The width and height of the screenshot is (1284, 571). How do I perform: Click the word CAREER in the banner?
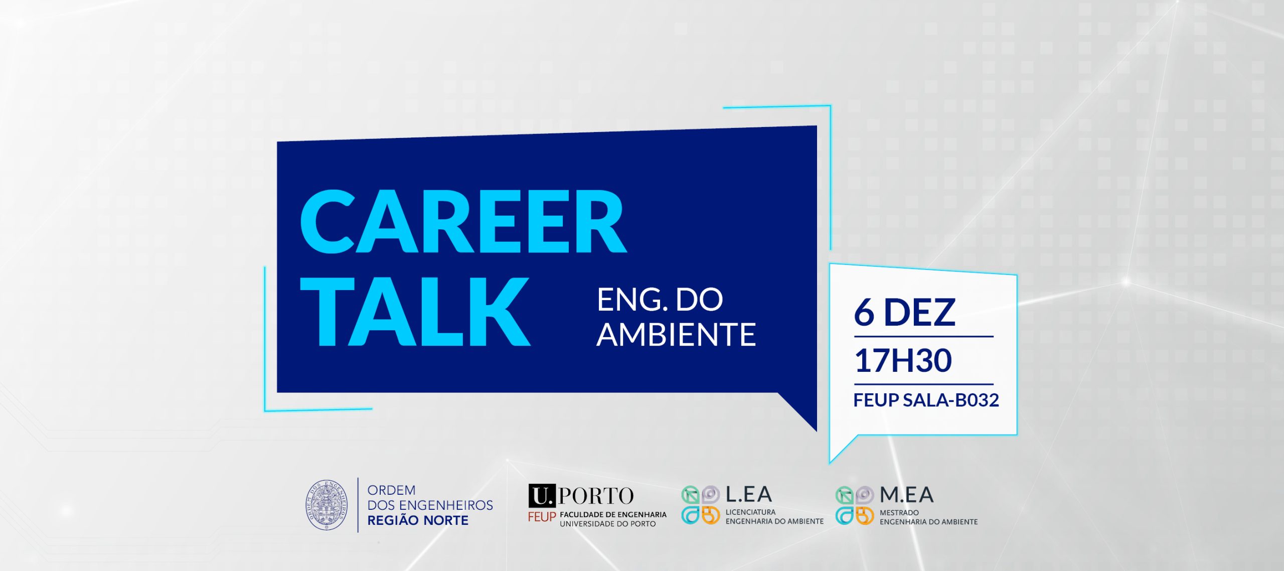(x=463, y=221)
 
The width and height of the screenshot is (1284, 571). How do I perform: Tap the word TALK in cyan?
(x=415, y=312)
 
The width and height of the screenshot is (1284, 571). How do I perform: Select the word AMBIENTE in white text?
(x=676, y=335)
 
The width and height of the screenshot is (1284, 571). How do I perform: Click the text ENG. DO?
(x=660, y=300)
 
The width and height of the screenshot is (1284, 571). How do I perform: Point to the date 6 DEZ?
(x=904, y=312)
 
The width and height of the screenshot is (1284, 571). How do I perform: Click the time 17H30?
(x=903, y=360)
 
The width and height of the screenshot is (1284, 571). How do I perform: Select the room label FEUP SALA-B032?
(x=926, y=400)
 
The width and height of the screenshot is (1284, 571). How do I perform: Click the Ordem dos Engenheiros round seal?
(x=327, y=505)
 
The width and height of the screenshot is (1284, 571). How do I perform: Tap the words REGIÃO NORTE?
(x=418, y=520)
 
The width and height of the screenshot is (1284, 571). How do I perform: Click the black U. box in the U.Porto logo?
(x=542, y=496)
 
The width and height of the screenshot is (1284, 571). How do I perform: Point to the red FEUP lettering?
(x=542, y=517)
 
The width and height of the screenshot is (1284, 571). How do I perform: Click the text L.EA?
(x=748, y=495)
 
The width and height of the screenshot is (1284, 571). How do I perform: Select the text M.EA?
(x=906, y=495)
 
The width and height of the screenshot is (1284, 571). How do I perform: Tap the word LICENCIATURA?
(x=750, y=512)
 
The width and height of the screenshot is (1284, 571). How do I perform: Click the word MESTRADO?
(x=899, y=513)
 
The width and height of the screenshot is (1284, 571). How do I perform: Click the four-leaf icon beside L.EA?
(x=701, y=505)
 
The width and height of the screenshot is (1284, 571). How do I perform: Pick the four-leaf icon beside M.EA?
(x=855, y=505)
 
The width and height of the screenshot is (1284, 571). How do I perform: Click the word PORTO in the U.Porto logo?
(x=596, y=496)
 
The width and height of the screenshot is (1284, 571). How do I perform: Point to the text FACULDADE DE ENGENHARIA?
(x=613, y=514)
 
